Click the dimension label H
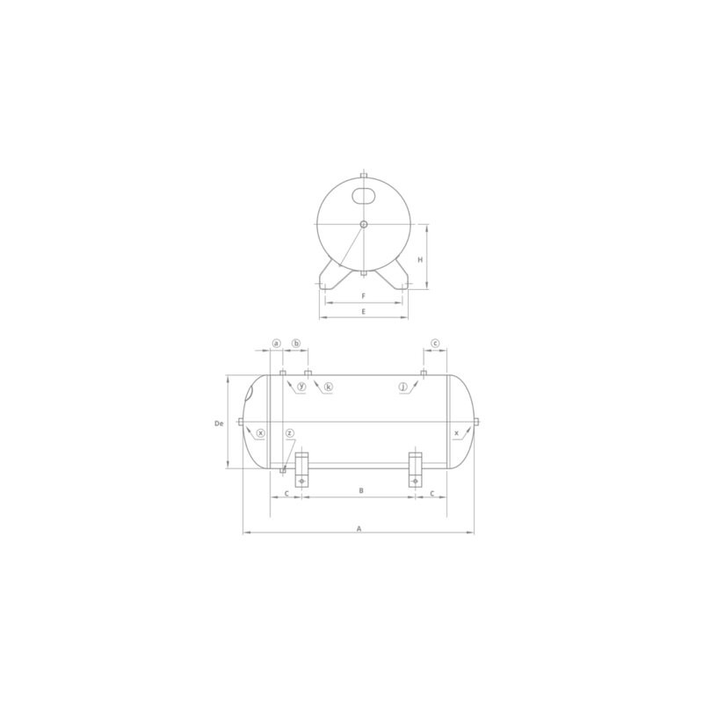[420, 259]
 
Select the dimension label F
[364, 296]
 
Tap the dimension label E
[364, 311]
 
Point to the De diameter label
[219, 424]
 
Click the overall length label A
[359, 529]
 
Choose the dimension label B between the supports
[361, 490]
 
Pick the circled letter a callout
[276, 344]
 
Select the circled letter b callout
[296, 344]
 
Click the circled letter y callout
[301, 387]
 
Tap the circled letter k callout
[328, 387]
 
